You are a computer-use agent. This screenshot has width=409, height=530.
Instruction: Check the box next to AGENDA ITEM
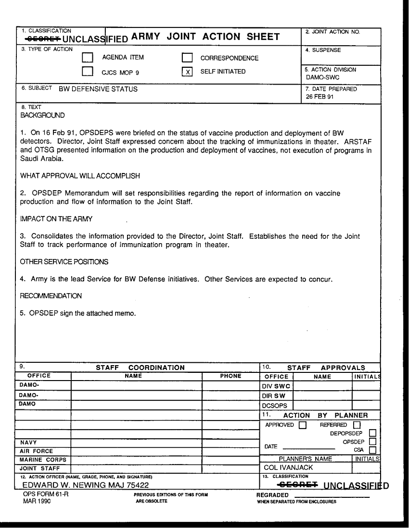88,58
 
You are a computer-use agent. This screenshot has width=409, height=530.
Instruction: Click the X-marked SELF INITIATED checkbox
187,72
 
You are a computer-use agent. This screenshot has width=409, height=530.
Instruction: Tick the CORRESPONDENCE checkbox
187,58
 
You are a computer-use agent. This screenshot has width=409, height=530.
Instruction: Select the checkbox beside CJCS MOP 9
88,72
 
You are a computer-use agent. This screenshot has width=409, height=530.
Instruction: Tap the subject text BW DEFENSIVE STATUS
98,89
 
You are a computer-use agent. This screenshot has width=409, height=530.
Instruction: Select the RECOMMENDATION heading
51,296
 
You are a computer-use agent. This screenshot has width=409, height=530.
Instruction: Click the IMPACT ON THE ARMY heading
56,219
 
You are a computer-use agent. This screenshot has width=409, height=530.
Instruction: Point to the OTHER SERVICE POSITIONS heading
64,262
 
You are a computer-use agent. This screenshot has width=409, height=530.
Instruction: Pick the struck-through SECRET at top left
43,38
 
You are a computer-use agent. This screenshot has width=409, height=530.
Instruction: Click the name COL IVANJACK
289,467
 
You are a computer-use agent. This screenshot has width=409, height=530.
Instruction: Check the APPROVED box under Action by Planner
302,425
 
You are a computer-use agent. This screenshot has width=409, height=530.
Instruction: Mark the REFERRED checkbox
357,425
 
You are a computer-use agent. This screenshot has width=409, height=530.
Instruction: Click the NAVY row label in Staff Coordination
28,442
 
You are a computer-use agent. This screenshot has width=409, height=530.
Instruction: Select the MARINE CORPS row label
38,459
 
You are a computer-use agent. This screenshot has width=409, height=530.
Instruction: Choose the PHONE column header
230,376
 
